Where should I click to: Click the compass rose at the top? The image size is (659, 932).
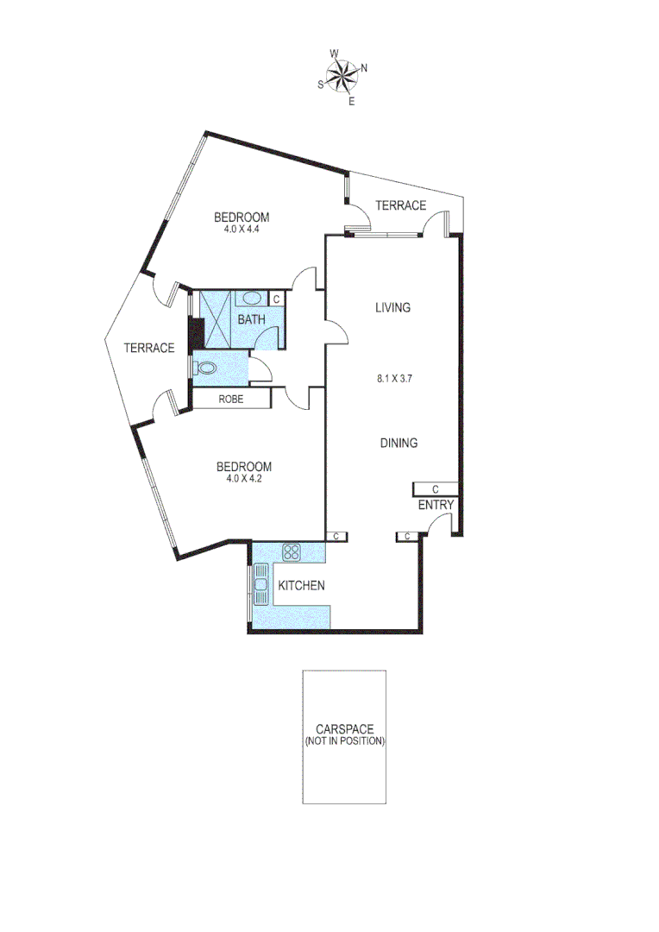coord(343,77)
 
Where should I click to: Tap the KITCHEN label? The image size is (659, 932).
coord(301,586)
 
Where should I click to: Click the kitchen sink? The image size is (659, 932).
coord(260,586)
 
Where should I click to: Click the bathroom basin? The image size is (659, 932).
coord(252,299)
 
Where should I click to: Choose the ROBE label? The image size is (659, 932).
coord(230,400)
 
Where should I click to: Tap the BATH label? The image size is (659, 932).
coord(252,320)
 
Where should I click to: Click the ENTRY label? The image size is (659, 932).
coord(436,506)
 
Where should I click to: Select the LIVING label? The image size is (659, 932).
coord(392,307)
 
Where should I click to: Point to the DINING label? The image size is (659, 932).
coord(399,444)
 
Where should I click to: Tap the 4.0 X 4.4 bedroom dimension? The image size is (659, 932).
coord(242,230)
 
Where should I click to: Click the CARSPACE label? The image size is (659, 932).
coord(344,729)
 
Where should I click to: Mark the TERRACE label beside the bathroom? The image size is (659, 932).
coord(149,348)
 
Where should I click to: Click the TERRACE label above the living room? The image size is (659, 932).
coord(400,205)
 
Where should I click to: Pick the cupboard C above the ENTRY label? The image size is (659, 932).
coord(435,488)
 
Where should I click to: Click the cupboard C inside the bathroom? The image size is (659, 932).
coord(276,299)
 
